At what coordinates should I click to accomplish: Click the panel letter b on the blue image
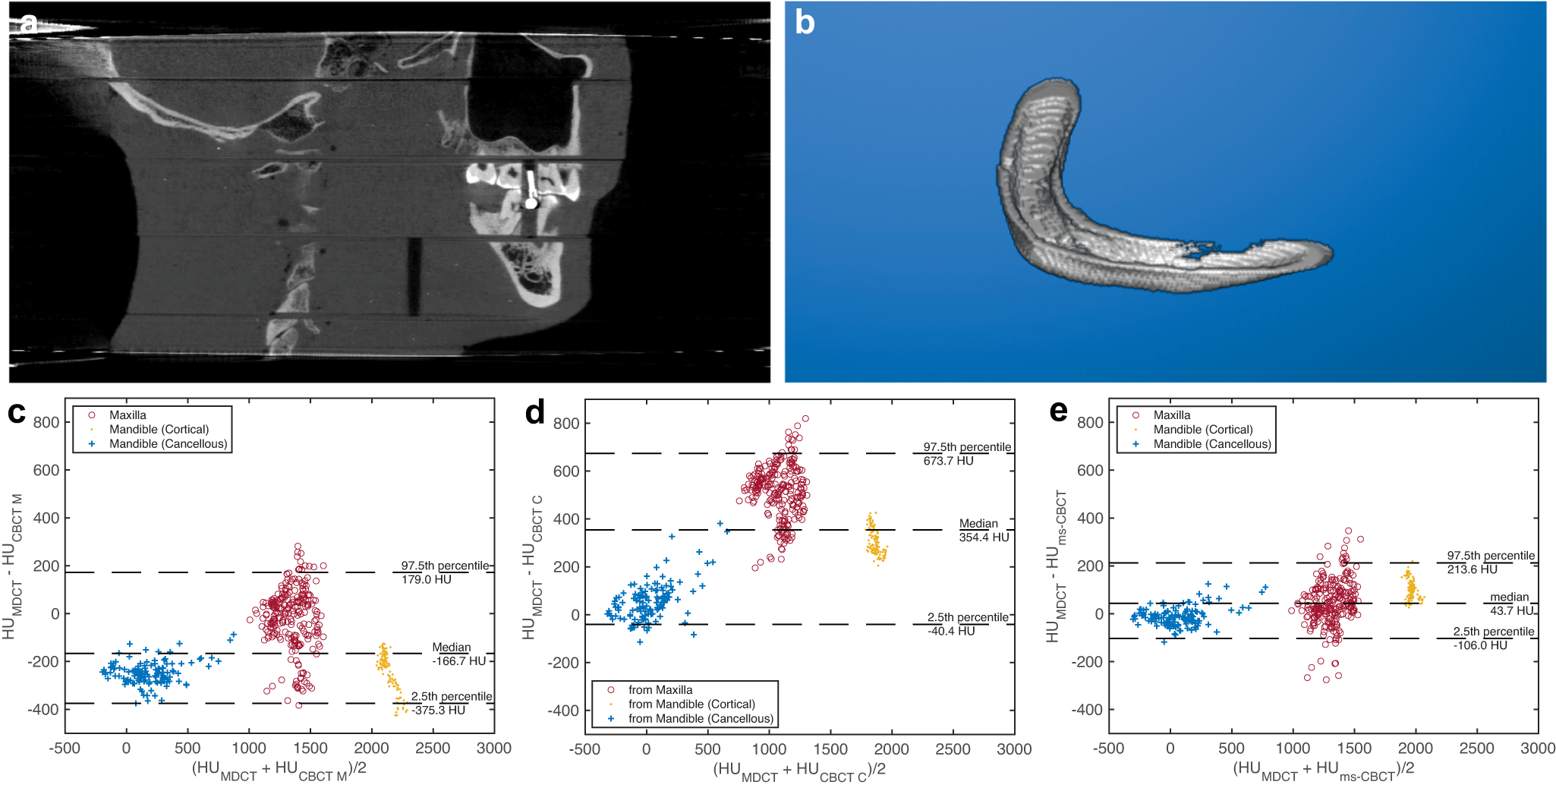pos(804,23)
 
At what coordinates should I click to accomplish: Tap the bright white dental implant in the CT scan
pos(531,190)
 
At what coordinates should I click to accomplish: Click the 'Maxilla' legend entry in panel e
pos(1171,415)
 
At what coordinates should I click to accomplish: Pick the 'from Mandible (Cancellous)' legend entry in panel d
pos(700,719)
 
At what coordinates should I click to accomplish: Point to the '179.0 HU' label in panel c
pos(426,580)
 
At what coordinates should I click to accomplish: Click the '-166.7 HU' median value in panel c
pos(458,661)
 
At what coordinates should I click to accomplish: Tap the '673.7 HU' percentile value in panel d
pos(948,461)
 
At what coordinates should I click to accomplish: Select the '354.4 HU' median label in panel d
pos(984,537)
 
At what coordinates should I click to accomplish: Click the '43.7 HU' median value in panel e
pos(1511,610)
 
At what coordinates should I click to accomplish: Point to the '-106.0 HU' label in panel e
pos(1480,645)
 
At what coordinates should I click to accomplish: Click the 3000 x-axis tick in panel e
pos(1537,749)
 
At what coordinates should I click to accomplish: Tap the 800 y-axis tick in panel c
pos(46,423)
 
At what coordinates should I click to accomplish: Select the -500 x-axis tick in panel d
pos(584,749)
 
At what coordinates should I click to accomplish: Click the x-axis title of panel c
pos(279,769)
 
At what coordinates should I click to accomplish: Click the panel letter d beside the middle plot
pos(534,413)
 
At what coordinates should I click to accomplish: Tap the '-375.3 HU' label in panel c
pos(439,711)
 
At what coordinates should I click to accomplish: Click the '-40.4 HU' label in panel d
pos(950,631)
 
